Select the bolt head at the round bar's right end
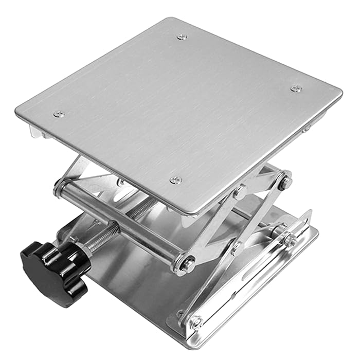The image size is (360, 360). pos(186,264)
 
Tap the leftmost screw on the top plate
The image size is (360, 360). pos(59,114)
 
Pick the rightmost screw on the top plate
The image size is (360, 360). pos(296,88)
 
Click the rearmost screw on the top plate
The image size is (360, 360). pos(182,37)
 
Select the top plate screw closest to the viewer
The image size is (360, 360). pos(176,179)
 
